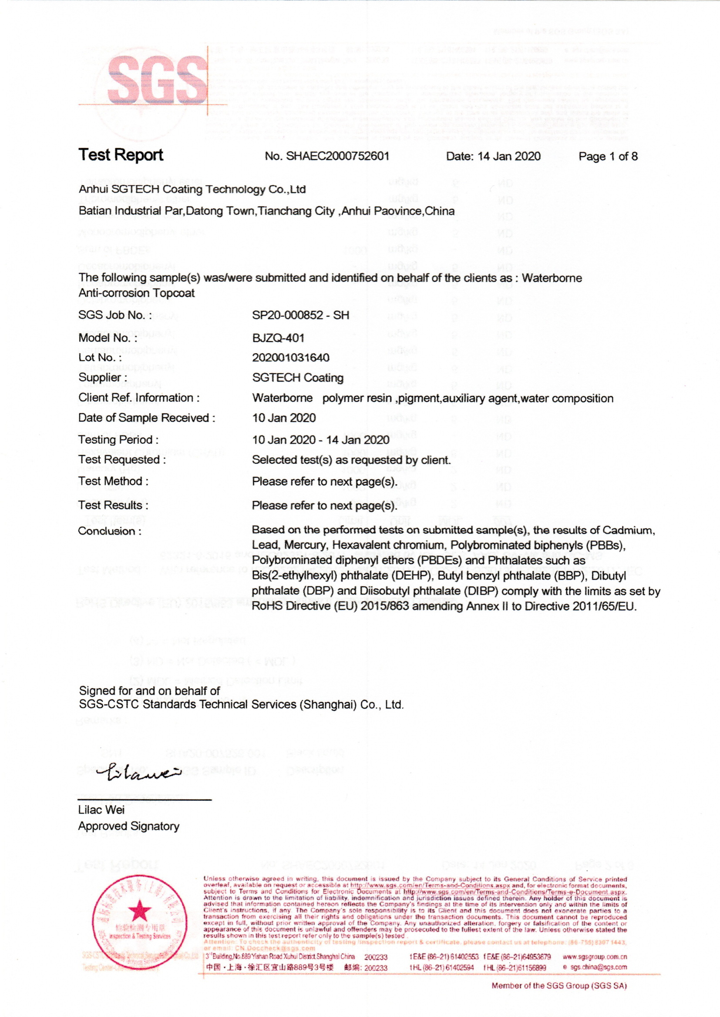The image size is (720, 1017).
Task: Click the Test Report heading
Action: click(121, 154)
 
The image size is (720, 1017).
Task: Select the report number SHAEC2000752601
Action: click(337, 156)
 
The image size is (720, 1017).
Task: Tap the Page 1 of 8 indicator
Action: click(608, 156)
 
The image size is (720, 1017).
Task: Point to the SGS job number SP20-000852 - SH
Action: click(301, 315)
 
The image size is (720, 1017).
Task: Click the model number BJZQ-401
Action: click(279, 338)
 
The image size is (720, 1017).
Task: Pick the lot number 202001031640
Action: click(290, 358)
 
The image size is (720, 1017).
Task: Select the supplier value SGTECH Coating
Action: click(297, 378)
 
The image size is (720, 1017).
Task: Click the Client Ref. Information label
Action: click(139, 398)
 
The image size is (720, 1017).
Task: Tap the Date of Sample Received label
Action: click(146, 418)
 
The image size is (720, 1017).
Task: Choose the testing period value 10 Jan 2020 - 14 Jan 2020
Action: click(320, 440)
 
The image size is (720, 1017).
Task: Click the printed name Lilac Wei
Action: click(101, 810)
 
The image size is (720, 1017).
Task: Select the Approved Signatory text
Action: click(128, 826)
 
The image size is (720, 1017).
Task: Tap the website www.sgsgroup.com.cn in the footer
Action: click(595, 957)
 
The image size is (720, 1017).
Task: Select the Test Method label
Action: click(113, 481)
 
